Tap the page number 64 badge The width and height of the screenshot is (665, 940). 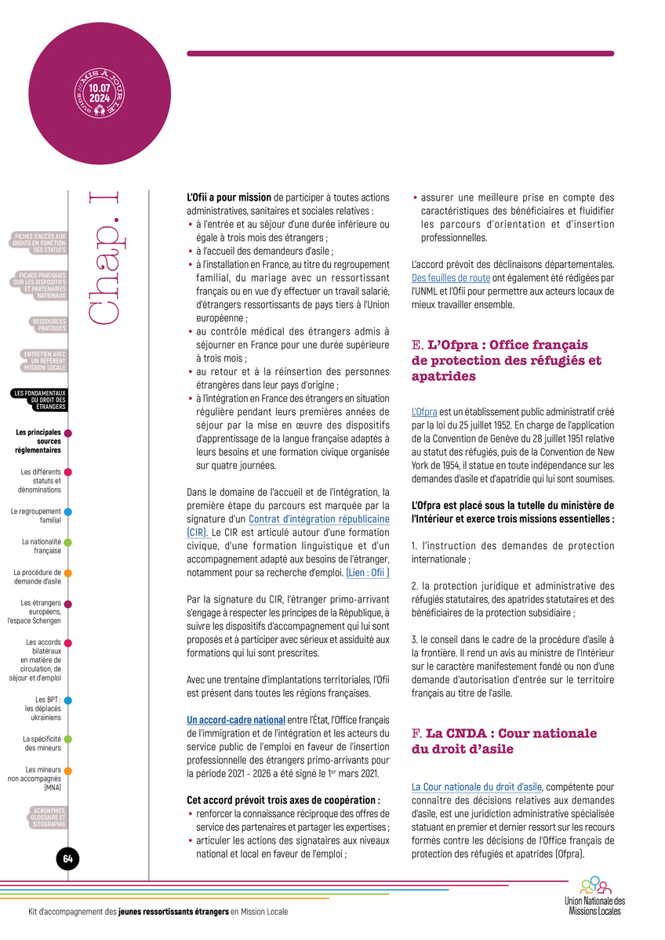tap(67, 859)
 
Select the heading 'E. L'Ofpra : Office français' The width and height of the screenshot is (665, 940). tap(500, 345)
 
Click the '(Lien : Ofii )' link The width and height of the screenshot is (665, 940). tap(368, 573)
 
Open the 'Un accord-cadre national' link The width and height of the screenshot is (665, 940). tap(235, 719)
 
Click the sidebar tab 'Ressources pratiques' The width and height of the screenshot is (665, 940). tap(49, 325)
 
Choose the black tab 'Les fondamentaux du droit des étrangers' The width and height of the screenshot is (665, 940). tap(40, 399)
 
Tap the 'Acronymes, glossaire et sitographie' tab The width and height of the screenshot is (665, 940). tap(49, 817)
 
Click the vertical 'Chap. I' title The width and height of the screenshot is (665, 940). tap(106, 258)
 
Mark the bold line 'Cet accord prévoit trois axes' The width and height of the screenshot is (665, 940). tap(283, 800)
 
